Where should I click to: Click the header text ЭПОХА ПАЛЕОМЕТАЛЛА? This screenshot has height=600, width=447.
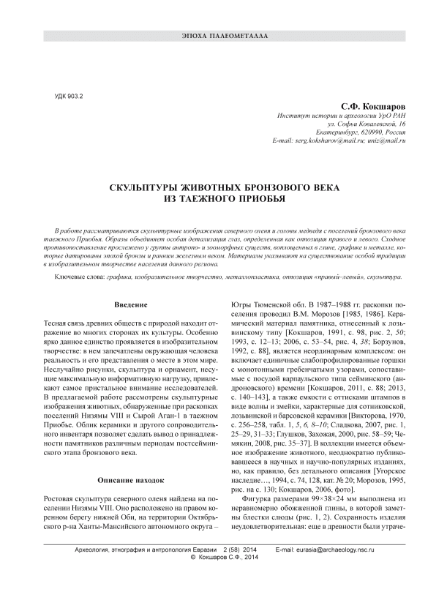(224, 36)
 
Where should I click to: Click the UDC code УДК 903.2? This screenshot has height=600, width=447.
(70, 96)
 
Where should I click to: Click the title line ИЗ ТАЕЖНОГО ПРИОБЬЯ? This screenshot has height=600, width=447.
(223, 198)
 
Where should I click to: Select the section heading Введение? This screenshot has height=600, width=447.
(132, 304)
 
